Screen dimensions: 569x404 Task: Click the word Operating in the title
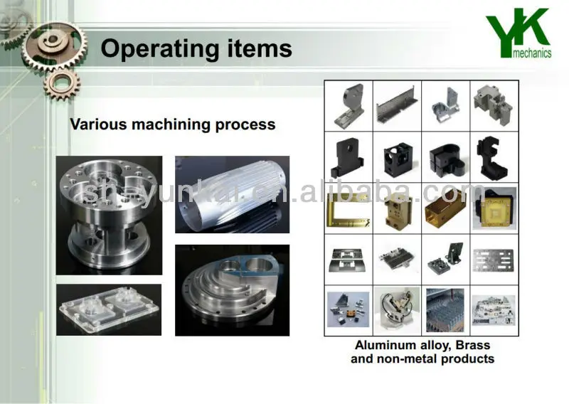coord(159,49)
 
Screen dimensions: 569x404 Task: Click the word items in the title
coord(260,48)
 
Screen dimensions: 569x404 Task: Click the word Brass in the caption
coord(472,345)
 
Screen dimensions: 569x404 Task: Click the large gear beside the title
coord(55,46)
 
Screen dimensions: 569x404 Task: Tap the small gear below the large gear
coord(62,86)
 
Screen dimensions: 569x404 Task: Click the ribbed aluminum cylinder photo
coord(233,195)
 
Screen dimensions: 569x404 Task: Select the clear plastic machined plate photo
coord(109,309)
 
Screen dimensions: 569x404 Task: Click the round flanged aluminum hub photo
coord(109,216)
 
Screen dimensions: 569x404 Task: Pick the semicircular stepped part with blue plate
coord(233,290)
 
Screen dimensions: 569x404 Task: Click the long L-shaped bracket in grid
coord(397,105)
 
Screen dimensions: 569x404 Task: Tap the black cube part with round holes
coord(397,158)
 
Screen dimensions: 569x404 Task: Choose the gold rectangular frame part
coord(348,209)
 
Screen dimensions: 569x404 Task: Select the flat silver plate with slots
coord(494,260)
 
